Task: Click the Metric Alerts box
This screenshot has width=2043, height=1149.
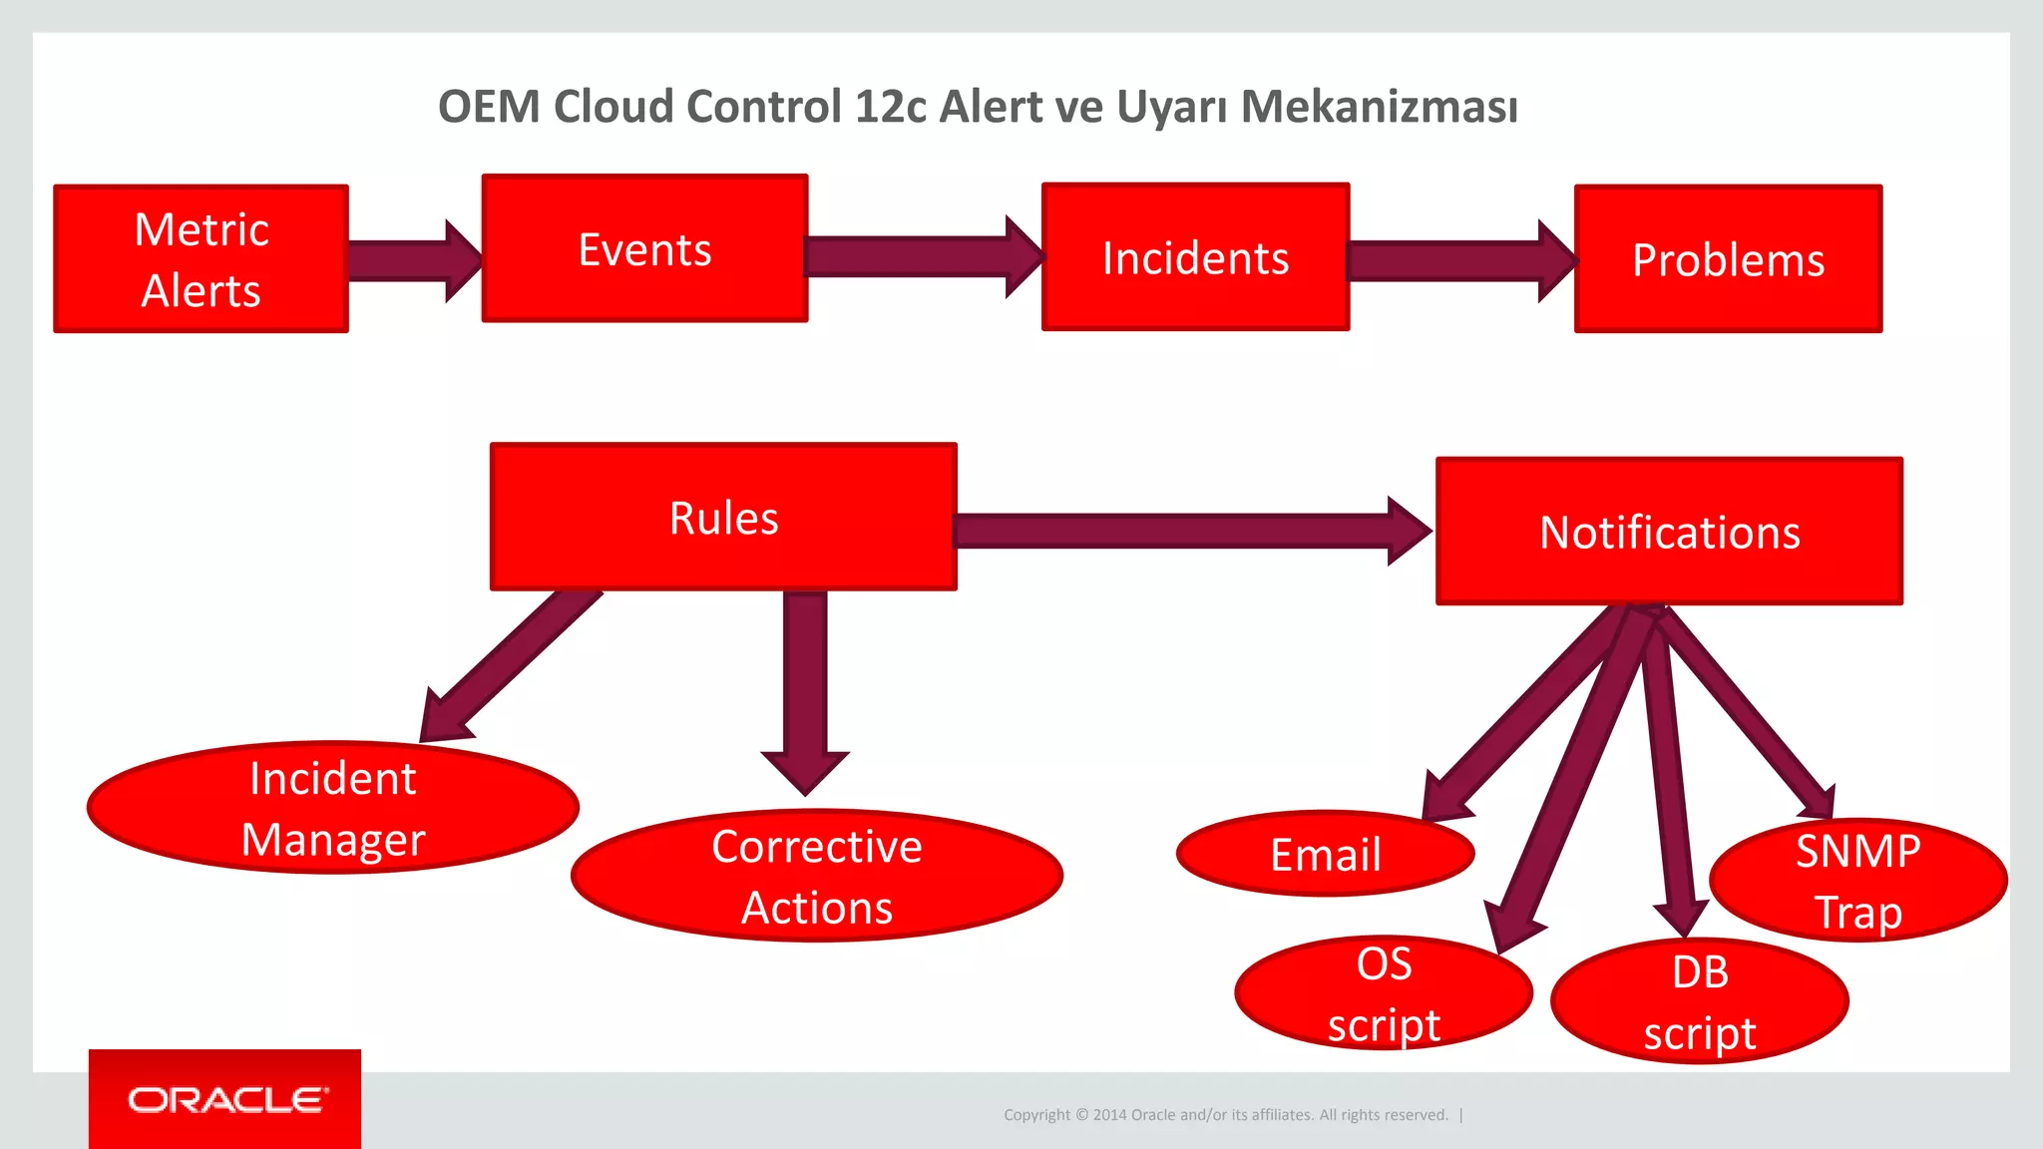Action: (201, 258)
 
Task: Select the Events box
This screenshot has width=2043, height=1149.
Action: (644, 248)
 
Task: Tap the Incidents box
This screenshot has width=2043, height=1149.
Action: (1195, 257)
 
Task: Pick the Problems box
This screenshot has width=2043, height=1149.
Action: (1728, 259)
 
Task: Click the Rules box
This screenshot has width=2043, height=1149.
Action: (723, 517)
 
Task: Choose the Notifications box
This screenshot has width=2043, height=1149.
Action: (1669, 532)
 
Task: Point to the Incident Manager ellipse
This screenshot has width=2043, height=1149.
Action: (332, 808)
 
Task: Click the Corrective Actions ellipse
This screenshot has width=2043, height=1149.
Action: (816, 876)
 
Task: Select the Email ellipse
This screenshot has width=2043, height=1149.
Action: (1325, 855)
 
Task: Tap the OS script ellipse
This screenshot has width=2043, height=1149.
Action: (1383, 993)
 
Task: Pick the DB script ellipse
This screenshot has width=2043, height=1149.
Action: (1699, 1001)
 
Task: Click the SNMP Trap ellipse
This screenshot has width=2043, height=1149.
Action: (1857, 881)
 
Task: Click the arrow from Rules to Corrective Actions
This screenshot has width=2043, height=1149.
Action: (805, 688)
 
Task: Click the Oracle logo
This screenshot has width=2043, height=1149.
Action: (225, 1099)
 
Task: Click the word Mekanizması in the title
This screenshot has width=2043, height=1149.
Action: (1379, 107)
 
